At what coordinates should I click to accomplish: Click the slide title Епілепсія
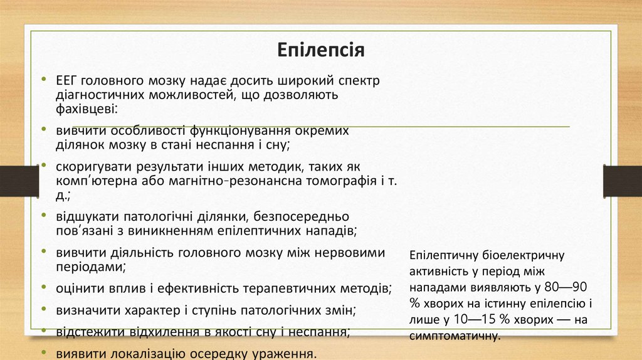321,49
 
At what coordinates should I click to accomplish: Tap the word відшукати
86,217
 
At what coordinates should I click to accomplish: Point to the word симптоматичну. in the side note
455,336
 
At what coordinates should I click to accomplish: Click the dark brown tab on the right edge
622,181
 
